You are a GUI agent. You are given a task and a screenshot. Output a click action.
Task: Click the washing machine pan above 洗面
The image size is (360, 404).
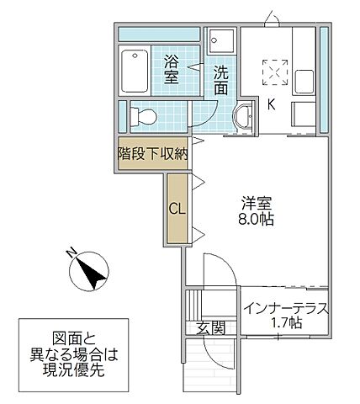click(x=222, y=40)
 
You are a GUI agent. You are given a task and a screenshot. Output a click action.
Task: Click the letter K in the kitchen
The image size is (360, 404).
click(x=271, y=104)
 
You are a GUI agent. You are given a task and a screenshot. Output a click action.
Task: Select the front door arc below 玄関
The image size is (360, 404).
click(x=217, y=358)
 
